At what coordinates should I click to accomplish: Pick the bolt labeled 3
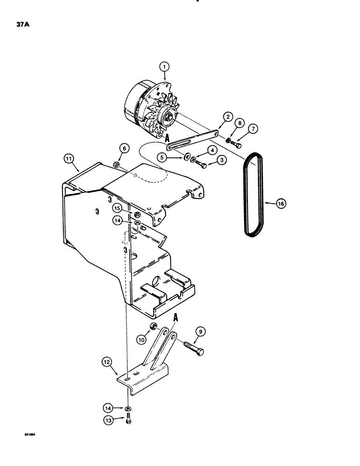[201, 165]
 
